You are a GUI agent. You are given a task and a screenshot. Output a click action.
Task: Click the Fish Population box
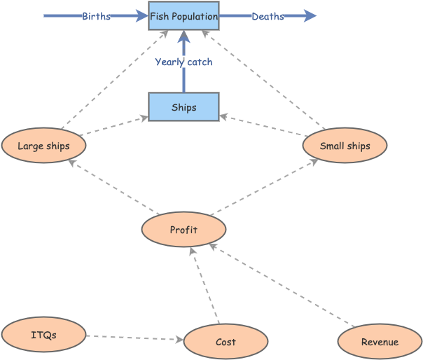point(183,16)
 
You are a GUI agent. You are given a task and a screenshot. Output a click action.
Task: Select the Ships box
point(183,107)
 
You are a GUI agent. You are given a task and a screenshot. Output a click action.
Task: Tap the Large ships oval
point(43,146)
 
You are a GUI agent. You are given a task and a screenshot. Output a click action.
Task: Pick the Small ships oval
point(345,146)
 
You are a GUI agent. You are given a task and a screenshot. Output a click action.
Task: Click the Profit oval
point(183,230)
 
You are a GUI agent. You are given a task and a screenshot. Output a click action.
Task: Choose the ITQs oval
point(43,335)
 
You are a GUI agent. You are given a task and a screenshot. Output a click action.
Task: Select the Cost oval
point(226,342)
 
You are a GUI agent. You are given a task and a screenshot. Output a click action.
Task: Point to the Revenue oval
point(380,342)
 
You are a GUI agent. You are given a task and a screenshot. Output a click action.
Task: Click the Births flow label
point(96,16)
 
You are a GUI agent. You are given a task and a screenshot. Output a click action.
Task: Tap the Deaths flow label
point(268,16)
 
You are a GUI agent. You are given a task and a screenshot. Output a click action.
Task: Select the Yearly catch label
point(183,62)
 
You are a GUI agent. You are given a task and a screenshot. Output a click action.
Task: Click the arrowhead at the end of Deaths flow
point(310,16)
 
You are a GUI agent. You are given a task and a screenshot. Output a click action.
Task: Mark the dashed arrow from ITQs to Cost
point(133,338)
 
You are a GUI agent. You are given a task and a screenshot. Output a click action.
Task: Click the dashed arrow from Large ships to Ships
point(113,126)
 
